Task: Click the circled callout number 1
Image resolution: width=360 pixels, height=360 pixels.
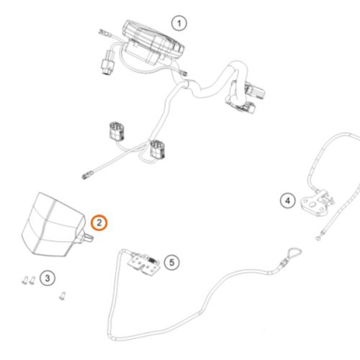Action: pos(179,23)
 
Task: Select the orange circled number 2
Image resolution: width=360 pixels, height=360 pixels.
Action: pos(99,222)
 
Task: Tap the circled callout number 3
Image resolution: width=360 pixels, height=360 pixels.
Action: pos(48,278)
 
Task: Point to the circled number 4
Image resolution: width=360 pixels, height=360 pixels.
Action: pos(288,200)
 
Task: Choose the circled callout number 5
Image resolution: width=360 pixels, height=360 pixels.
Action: pos(172,262)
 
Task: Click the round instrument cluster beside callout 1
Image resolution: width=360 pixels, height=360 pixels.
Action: pos(153,43)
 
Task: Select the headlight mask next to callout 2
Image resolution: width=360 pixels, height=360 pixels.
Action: pos(53,225)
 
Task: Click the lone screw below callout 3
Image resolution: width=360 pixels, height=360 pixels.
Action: pos(63,296)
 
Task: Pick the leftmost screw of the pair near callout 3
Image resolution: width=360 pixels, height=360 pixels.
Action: pos(24,280)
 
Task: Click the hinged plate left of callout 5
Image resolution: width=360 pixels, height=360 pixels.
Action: pos(143,264)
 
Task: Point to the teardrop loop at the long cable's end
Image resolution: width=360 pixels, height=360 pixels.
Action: pos(292,253)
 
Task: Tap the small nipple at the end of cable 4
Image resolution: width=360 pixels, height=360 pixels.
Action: pos(318,238)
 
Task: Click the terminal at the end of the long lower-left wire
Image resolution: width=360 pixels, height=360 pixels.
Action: pos(86,176)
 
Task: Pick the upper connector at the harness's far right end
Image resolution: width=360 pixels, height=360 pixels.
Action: pos(256,91)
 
